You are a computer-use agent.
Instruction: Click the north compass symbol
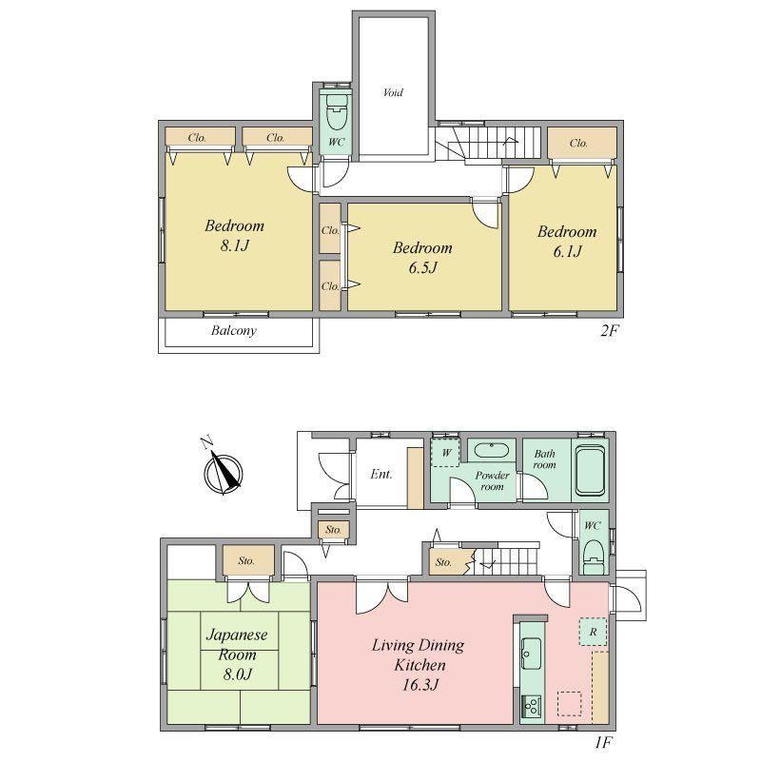pos(223,472)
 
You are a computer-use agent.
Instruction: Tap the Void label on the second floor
pos(393,92)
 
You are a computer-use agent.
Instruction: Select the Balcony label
pos(233,330)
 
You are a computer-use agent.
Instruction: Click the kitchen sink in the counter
pos(531,654)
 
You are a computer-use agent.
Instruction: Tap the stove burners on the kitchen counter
pos(531,706)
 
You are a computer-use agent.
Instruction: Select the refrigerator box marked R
pos(593,632)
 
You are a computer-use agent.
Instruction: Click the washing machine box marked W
pos(445,453)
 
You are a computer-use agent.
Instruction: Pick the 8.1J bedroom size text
pos(235,245)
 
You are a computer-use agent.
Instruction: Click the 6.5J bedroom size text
pos(422,267)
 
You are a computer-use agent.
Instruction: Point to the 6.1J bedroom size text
pos(567,251)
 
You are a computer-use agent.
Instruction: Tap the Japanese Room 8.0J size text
pos(237,674)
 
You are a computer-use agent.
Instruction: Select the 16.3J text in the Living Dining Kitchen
pos(420,685)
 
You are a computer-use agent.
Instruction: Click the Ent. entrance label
pos(381,474)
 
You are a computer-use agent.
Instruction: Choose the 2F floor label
pos(610,331)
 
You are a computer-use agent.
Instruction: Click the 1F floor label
pos(603,742)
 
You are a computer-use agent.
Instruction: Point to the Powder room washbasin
pos(491,450)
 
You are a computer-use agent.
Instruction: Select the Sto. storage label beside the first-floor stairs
pos(443,562)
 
